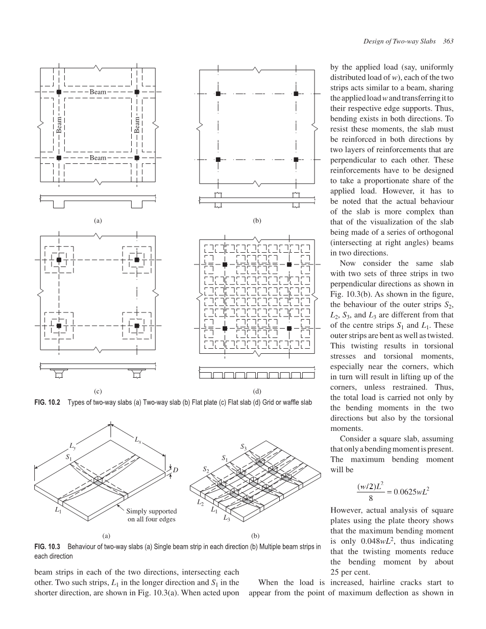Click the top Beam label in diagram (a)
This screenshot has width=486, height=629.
98,92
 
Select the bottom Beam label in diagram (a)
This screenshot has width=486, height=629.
98,158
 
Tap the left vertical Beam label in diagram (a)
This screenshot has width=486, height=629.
59,125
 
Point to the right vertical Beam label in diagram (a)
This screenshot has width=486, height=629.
137,125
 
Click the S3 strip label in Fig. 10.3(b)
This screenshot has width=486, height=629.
244,447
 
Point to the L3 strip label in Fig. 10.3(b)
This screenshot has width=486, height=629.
226,519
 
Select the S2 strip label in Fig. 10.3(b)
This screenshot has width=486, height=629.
205,469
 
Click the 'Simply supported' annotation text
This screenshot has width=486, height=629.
152,511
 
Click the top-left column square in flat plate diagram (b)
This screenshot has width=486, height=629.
218,94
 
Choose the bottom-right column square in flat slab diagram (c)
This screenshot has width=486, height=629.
137,326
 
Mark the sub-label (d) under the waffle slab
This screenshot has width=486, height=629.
257,392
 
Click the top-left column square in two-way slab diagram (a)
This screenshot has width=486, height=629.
59,92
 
